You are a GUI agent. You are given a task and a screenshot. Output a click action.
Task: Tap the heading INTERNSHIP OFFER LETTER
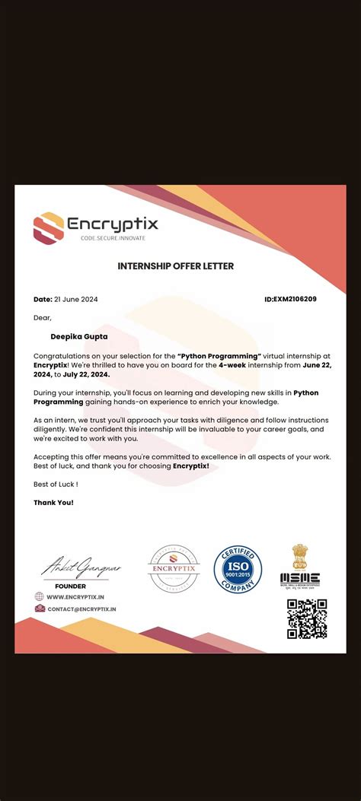175,266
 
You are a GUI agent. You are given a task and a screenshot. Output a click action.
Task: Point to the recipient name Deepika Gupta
79,335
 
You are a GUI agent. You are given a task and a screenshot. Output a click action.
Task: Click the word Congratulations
62,356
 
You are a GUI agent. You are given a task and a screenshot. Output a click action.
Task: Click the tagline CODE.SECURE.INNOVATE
113,238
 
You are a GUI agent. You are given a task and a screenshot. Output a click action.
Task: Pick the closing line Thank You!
53,502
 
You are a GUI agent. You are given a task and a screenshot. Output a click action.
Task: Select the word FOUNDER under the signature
70,586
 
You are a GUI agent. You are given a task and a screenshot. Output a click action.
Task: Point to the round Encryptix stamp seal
174,569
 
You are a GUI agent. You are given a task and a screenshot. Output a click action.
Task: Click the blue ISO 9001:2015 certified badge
238,569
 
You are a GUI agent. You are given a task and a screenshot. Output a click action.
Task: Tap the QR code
307,618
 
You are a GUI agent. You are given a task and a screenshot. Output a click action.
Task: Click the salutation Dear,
43,317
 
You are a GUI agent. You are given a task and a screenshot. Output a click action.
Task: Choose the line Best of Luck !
56,484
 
